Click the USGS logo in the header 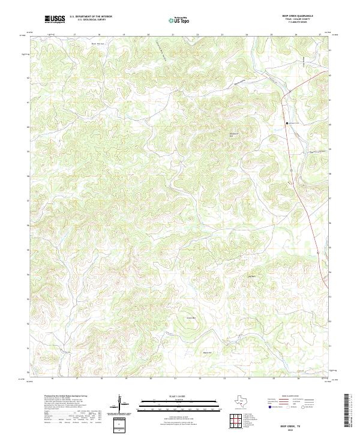55,19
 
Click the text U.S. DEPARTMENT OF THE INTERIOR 91,16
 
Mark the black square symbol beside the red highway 287,123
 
